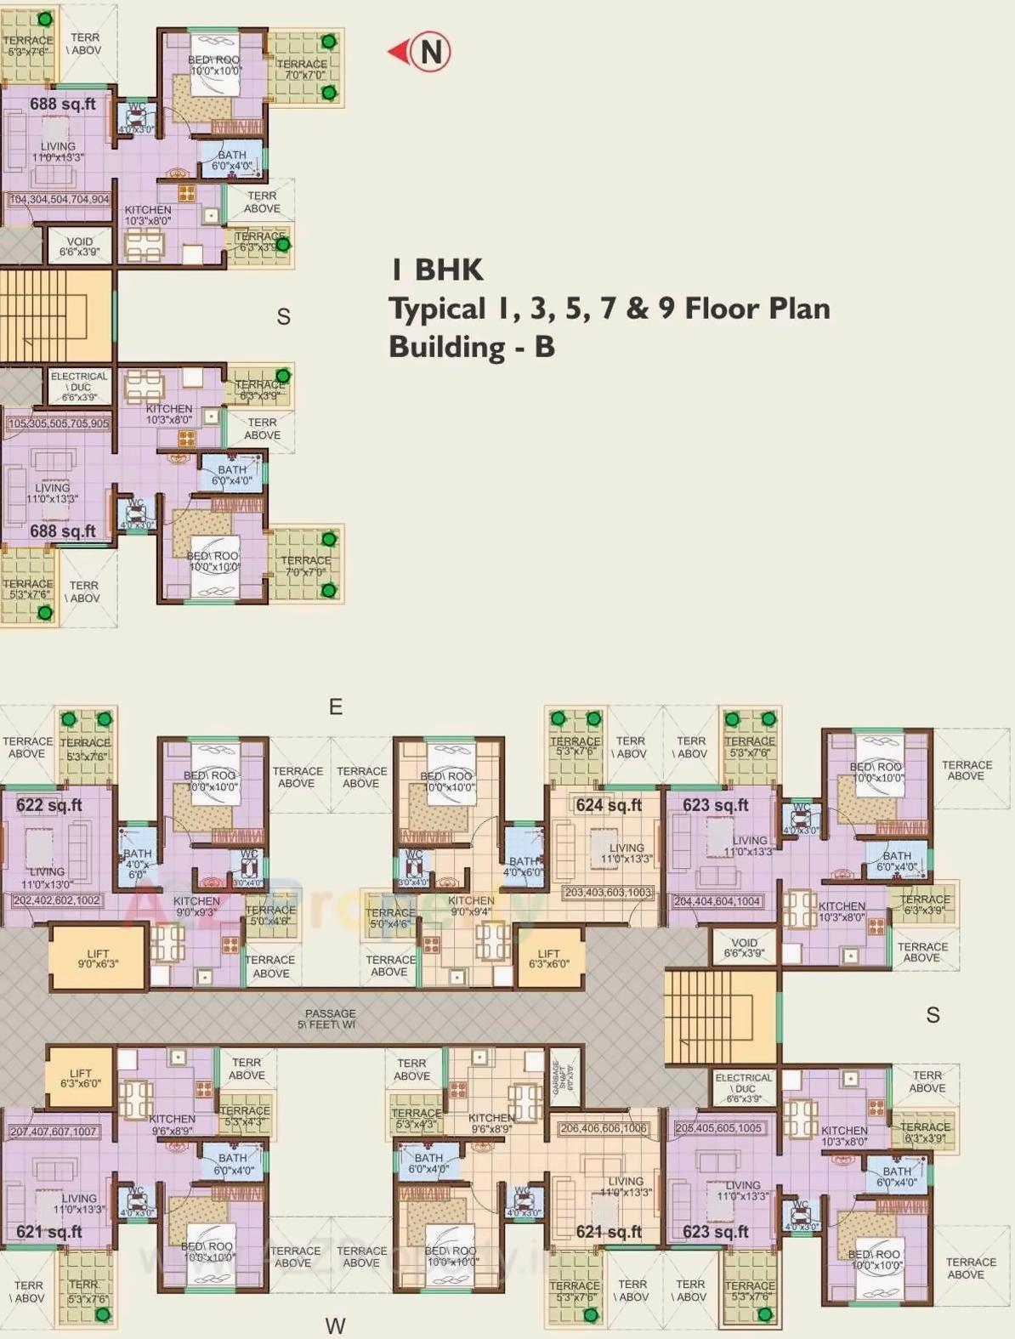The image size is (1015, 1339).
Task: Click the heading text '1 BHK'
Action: pyautogui.click(x=437, y=270)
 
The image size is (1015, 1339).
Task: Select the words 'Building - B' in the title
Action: pyautogui.click(x=472, y=347)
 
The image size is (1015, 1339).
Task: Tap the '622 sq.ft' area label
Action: pyautogui.click(x=49, y=805)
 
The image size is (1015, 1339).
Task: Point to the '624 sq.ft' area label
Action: pyautogui.click(x=609, y=805)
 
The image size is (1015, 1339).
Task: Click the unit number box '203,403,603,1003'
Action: pyautogui.click(x=609, y=893)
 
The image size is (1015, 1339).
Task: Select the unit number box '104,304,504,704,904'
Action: pyautogui.click(x=59, y=200)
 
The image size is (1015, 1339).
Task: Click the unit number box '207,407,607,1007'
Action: pyautogui.click(x=53, y=1132)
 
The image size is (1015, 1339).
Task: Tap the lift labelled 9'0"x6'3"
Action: pyautogui.click(x=98, y=959)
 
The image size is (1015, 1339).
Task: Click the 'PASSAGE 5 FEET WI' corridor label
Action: pyautogui.click(x=329, y=1019)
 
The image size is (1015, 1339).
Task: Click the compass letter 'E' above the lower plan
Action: pyautogui.click(x=336, y=707)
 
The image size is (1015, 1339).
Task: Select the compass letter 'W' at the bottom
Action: pyautogui.click(x=335, y=1325)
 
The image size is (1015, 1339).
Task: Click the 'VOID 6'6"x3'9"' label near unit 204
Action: pyautogui.click(x=744, y=948)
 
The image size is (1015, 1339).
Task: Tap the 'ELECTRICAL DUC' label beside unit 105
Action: pyautogui.click(x=79, y=387)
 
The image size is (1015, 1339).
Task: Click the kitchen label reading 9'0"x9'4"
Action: pyautogui.click(x=470, y=906)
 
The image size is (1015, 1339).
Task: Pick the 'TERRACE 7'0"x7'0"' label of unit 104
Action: pyautogui.click(x=303, y=70)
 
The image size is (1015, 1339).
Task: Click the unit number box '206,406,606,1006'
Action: pyautogui.click(x=603, y=1128)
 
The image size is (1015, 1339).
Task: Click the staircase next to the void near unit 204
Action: pyautogui.click(x=720, y=1017)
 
